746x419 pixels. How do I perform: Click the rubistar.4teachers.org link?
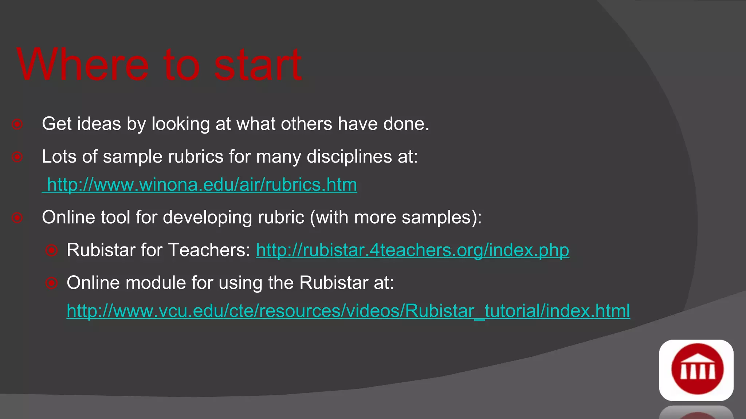(x=412, y=250)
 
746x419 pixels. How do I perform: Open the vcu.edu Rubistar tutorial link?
(x=348, y=311)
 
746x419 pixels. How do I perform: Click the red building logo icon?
(x=696, y=370)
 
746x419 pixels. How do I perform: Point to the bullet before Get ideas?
(x=17, y=124)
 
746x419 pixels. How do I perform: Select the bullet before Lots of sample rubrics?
(x=17, y=157)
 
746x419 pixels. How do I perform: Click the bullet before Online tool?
(x=17, y=218)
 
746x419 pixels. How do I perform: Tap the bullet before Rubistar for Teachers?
(x=51, y=250)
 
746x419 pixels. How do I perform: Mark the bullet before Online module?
(x=51, y=283)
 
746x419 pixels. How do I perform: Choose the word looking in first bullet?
(x=180, y=124)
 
